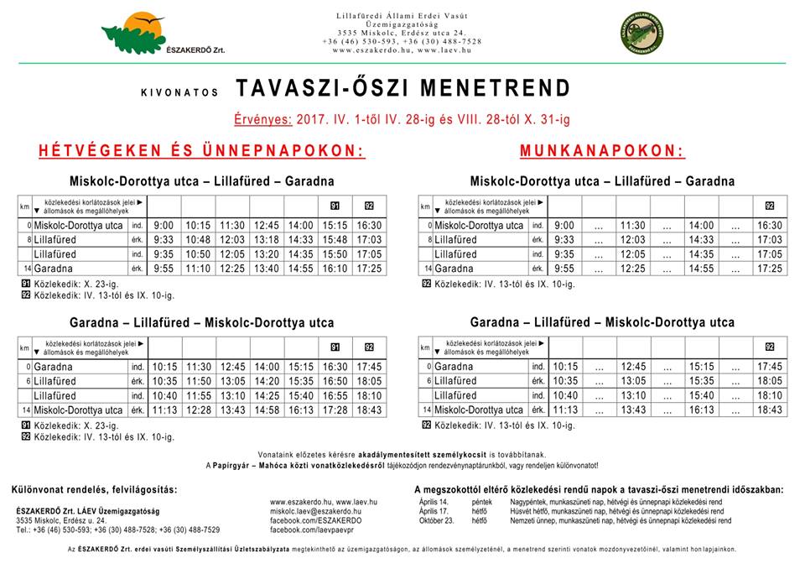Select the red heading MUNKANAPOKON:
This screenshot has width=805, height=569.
602,151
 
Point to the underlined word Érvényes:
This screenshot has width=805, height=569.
263,120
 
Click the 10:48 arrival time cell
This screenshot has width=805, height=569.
198,240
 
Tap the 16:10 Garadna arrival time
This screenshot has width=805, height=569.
335,269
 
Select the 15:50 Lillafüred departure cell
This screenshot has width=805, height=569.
335,254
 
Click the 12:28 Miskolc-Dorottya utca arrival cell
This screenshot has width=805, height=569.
198,410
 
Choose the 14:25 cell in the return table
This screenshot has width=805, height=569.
266,395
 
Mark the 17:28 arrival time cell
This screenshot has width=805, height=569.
335,410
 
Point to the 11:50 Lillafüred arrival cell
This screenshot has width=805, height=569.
198,381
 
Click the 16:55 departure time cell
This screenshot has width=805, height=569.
335,395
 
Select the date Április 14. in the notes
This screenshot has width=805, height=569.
434,502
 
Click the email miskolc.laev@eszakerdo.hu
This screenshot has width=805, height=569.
315,511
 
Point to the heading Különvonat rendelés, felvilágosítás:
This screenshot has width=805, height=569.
95,489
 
